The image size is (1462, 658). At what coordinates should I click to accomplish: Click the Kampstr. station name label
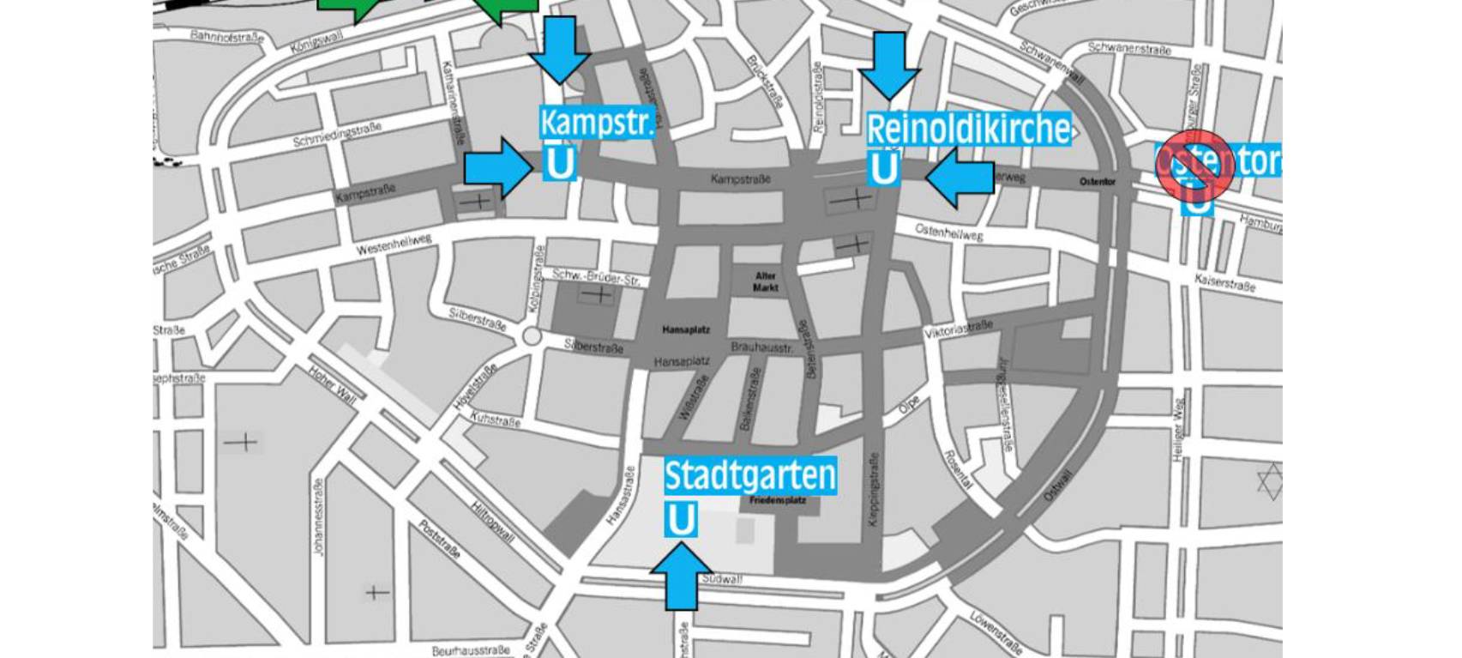click(x=596, y=122)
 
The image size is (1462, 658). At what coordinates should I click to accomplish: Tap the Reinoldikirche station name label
click(x=968, y=129)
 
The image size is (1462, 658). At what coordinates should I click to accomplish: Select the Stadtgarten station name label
click(x=750, y=474)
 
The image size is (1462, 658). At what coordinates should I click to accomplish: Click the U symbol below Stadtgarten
click(x=681, y=520)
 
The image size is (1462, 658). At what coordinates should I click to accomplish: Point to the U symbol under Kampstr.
click(x=560, y=163)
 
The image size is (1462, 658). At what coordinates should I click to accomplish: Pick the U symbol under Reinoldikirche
click(x=884, y=168)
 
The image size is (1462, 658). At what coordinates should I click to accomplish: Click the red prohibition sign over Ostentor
click(x=1194, y=166)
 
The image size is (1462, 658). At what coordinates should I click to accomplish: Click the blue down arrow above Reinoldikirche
click(x=889, y=64)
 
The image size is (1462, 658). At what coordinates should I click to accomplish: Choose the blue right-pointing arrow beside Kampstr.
click(x=498, y=167)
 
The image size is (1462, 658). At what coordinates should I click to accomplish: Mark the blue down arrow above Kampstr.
click(x=560, y=49)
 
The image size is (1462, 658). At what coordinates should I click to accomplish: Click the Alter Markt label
click(x=766, y=281)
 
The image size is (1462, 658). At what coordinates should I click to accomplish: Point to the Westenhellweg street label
click(x=394, y=244)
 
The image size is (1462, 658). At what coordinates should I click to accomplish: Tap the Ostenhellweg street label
click(x=948, y=232)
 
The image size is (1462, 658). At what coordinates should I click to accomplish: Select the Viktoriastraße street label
click(x=958, y=329)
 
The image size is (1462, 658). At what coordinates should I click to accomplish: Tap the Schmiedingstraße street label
click(x=337, y=135)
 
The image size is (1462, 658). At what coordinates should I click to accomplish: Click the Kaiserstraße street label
click(x=1224, y=282)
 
